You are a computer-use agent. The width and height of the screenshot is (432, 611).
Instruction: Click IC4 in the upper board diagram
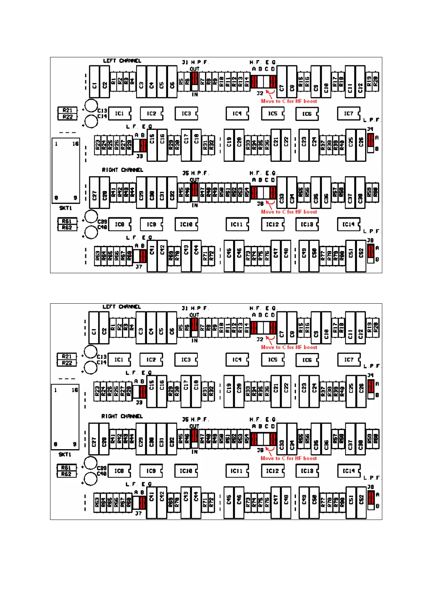click(237, 114)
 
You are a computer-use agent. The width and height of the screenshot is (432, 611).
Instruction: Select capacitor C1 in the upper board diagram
click(94, 82)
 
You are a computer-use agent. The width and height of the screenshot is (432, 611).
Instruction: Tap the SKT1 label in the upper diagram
click(66, 208)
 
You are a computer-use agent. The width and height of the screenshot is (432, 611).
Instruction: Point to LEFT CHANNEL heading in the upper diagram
click(122, 61)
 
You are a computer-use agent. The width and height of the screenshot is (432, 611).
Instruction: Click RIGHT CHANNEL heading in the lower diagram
click(122, 416)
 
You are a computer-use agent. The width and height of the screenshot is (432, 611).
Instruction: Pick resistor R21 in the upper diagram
click(68, 110)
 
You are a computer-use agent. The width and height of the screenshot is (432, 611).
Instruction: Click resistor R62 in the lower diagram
click(66, 474)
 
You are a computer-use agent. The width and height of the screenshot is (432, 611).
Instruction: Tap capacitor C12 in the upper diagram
click(360, 82)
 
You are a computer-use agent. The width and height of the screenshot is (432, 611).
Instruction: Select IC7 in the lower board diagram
click(349, 360)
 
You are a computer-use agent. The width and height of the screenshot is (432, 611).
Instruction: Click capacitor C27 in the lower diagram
click(94, 442)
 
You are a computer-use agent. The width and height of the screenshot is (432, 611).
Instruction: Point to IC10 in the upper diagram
click(186, 225)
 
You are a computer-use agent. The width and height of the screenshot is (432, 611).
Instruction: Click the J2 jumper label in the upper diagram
click(260, 93)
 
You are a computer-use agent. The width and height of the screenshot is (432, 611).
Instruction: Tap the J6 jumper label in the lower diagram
click(260, 450)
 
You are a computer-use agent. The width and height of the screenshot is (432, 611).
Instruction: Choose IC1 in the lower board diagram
click(119, 360)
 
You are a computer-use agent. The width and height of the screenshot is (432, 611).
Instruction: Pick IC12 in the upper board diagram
click(272, 225)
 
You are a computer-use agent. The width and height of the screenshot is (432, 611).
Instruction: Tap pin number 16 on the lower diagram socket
click(75, 390)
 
